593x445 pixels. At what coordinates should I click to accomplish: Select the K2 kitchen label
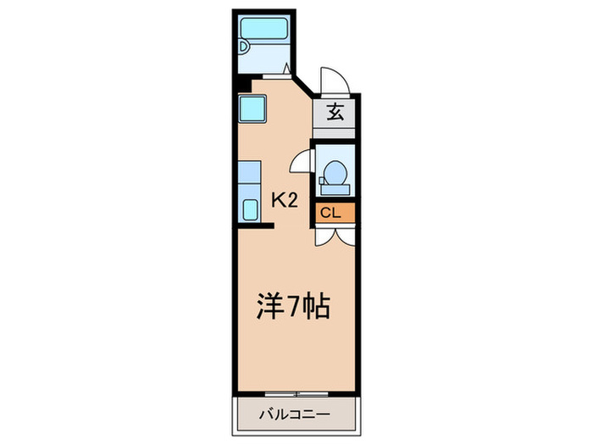point(285,200)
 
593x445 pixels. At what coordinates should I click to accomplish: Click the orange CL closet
point(332,213)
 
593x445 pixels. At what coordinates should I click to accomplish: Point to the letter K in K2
point(278,200)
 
